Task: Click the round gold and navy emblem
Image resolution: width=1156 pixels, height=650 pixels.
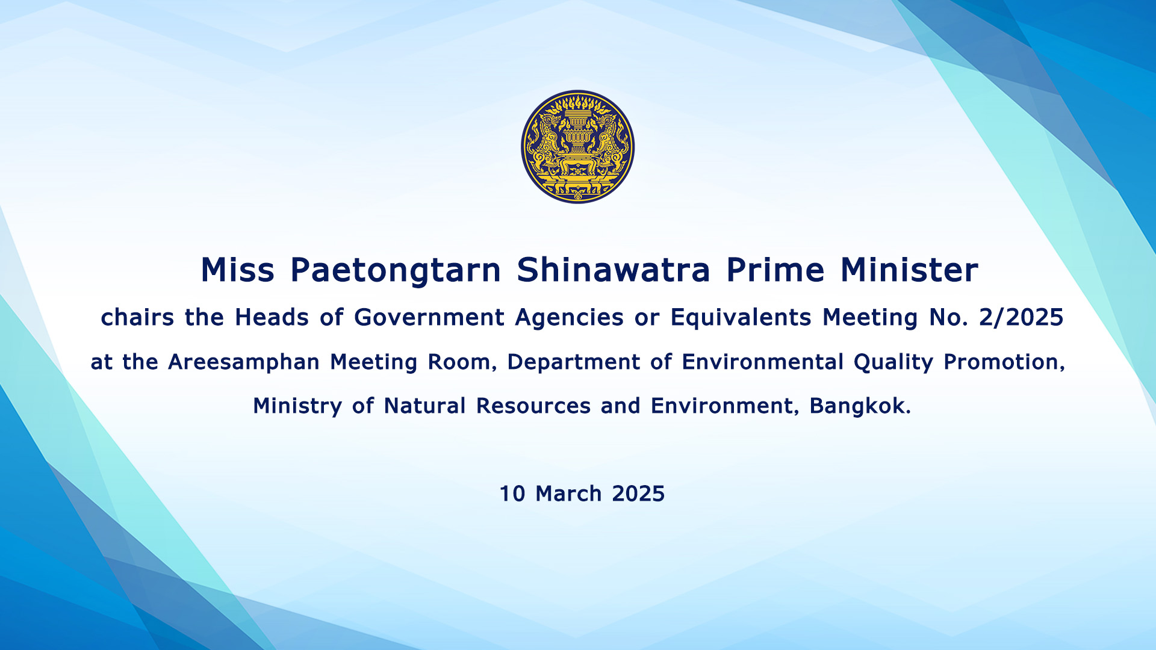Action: [577, 147]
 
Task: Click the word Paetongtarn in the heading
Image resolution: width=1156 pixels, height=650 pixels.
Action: [396, 271]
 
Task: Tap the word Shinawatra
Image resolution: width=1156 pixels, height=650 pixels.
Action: [614, 270]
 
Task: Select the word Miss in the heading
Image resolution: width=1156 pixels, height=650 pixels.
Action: [237, 270]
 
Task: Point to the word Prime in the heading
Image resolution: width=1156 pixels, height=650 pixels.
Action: [775, 270]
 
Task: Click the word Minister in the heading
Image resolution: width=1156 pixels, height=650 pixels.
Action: [909, 270]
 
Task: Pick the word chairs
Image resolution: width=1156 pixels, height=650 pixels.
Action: [137, 317]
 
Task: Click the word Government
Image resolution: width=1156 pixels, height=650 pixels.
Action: [429, 317]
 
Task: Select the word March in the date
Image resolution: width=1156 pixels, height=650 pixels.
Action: [568, 494]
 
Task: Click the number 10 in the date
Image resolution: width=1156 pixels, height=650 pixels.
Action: [512, 494]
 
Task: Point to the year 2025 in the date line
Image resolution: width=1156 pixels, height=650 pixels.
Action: [638, 494]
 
